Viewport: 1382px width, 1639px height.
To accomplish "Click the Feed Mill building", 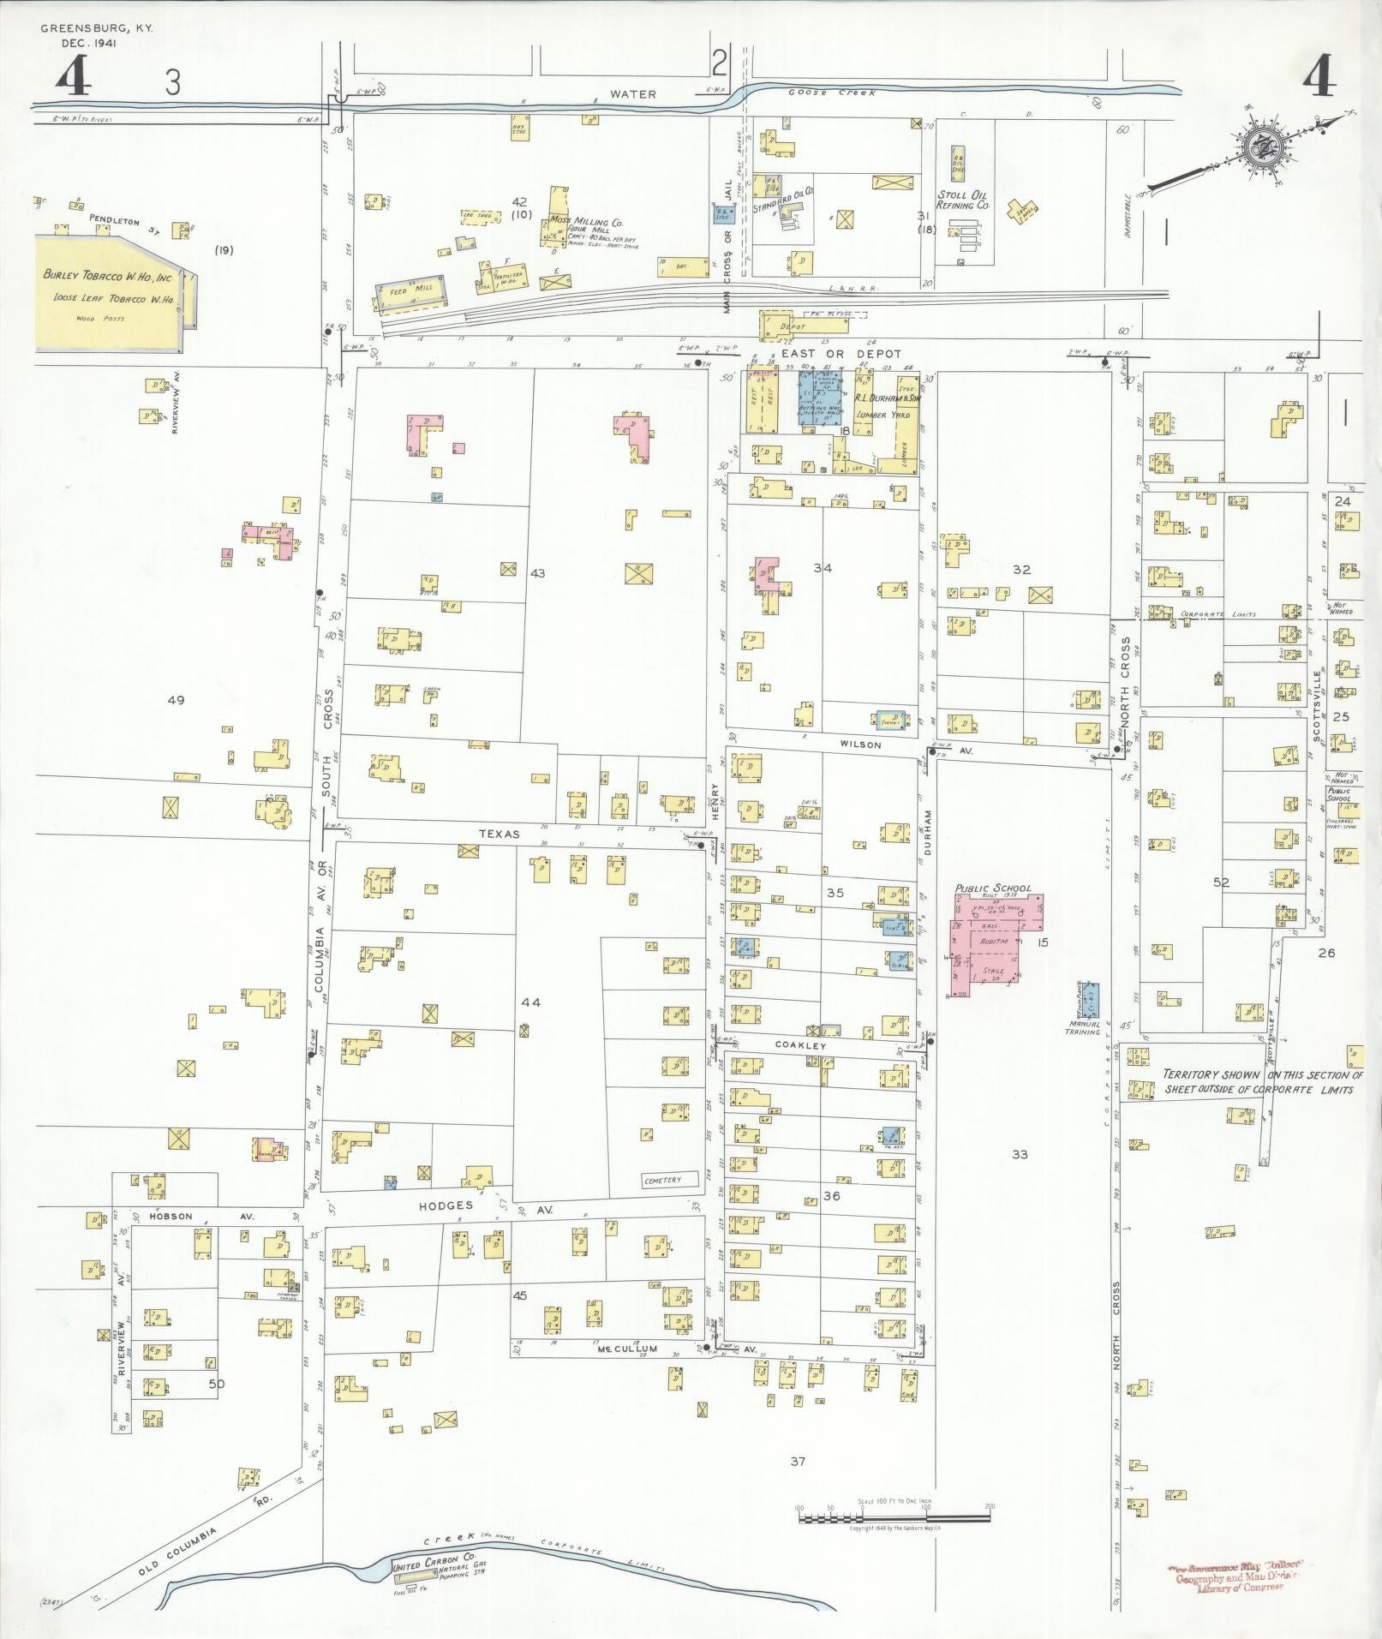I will coord(410,290).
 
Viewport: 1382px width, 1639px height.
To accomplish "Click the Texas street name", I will coord(500,833).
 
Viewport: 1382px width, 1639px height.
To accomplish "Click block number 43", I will coord(537,572).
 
